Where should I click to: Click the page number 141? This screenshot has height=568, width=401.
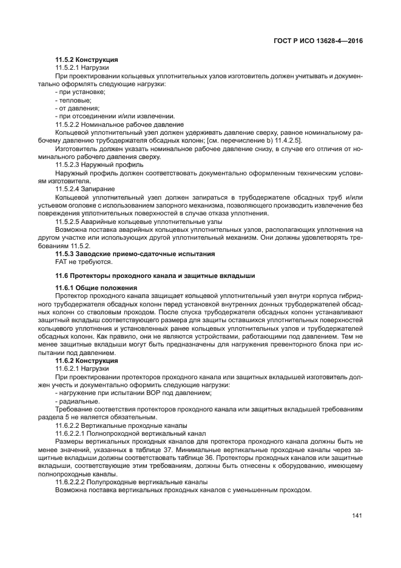coord(357,516)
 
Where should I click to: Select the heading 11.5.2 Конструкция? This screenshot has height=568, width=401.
coord(86,59)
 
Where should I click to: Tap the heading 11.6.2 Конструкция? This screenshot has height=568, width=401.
coord(86,360)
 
